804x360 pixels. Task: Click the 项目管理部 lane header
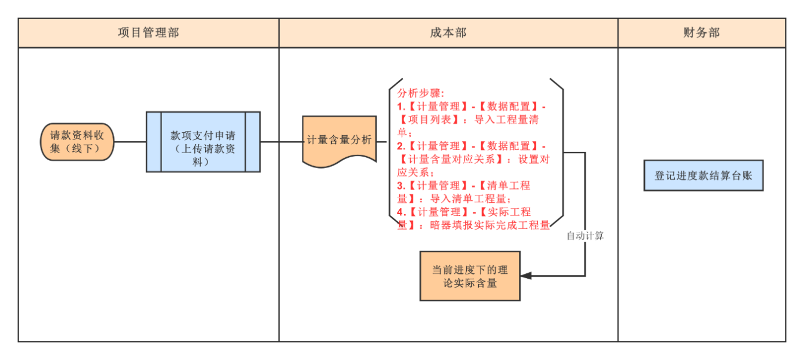point(148,33)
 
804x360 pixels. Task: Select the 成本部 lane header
point(448,33)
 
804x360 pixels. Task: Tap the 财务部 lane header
point(701,33)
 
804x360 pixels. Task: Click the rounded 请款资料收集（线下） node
point(78,142)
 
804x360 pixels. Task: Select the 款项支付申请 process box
point(203,142)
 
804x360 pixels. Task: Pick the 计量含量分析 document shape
point(339,141)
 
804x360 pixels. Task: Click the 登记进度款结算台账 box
point(703,175)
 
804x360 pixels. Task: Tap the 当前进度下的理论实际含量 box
point(470,276)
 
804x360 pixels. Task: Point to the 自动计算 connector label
point(585,236)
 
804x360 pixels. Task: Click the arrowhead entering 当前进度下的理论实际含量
point(525,276)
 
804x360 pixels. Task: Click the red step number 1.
point(401,106)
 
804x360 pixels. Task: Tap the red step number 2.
point(401,146)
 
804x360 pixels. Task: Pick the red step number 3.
point(401,185)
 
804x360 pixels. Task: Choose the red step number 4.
point(401,212)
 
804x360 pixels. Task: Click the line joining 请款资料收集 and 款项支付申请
point(130,142)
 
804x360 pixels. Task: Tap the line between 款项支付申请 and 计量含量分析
point(281,142)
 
